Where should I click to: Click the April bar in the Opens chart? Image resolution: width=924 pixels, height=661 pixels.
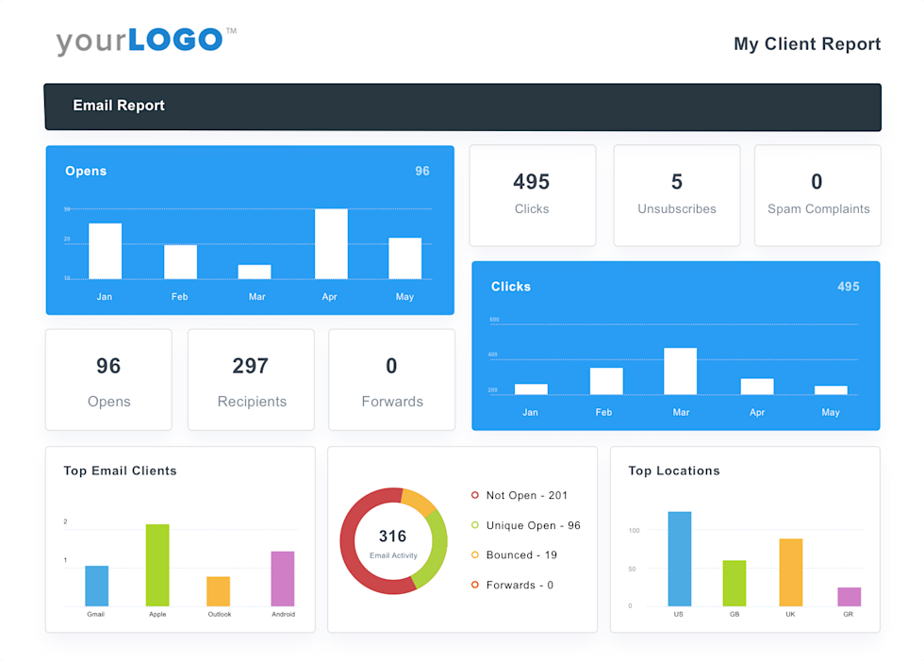click(331, 243)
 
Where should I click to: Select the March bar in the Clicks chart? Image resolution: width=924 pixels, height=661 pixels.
click(680, 371)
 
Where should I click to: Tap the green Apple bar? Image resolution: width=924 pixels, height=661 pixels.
click(157, 565)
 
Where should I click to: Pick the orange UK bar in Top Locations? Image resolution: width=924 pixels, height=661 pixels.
click(791, 572)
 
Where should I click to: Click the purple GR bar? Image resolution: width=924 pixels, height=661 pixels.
click(849, 597)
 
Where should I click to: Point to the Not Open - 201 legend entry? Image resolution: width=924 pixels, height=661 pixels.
click(526, 495)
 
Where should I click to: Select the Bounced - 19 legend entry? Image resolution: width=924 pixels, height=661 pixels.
click(520, 555)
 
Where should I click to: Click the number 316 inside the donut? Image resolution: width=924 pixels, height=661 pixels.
click(392, 537)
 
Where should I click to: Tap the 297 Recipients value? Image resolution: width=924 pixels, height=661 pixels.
click(251, 366)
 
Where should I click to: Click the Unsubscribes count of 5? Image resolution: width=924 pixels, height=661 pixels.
click(676, 182)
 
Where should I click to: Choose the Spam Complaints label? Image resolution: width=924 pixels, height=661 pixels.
click(818, 209)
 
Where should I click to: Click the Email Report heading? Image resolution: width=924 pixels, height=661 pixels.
click(119, 106)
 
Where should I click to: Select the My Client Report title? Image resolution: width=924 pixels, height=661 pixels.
click(807, 44)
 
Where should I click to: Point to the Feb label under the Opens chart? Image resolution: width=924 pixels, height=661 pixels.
click(179, 297)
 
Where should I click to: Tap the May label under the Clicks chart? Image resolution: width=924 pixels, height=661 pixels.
click(830, 412)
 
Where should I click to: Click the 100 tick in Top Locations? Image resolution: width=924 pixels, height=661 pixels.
click(634, 531)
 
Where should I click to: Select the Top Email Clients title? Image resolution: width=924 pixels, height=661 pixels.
click(120, 471)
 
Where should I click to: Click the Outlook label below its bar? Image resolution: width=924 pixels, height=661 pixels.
click(219, 614)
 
